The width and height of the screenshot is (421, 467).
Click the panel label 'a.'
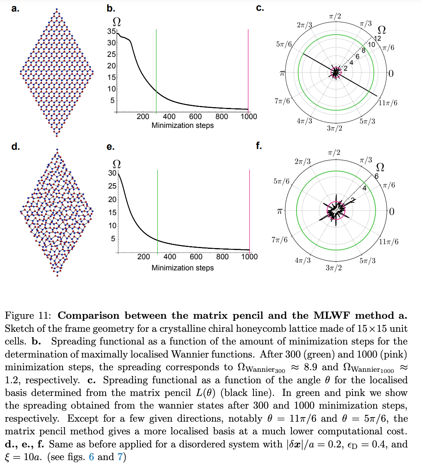point(15,9)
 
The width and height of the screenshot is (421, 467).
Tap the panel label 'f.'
point(259,146)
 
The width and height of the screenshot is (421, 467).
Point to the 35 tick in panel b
point(111,31)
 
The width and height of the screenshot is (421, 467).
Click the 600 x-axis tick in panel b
point(195,116)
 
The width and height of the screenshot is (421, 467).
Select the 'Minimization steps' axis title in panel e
point(182,268)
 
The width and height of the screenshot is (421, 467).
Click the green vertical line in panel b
point(156,69)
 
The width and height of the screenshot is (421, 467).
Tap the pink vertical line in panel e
point(249,211)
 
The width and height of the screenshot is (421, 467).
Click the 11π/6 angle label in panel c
point(388,103)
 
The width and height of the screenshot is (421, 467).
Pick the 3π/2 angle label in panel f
point(333,268)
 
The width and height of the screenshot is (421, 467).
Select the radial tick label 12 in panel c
point(378,38)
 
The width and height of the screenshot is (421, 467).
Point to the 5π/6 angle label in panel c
point(284,45)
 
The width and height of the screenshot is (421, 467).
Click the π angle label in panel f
point(280,211)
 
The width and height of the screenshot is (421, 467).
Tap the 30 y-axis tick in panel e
point(112,173)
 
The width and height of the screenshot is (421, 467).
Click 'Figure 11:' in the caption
point(28,316)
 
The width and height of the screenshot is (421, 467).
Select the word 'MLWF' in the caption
point(331,316)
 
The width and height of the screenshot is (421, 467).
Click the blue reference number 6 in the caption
point(91,457)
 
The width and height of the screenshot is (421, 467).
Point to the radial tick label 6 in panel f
point(376,176)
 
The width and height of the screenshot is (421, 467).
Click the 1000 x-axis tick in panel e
point(249,257)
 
